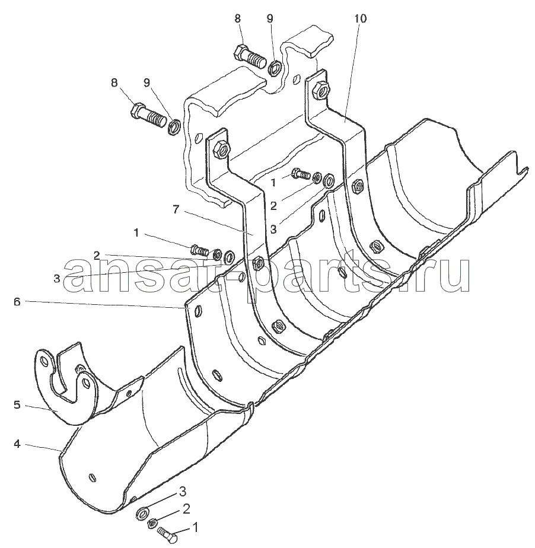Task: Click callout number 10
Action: (x=360, y=18)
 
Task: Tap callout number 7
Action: (x=176, y=209)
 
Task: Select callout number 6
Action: (x=17, y=302)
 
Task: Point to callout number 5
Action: (x=17, y=405)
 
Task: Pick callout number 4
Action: (x=17, y=444)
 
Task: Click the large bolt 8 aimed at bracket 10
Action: (x=249, y=56)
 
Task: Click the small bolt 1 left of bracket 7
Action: (x=199, y=249)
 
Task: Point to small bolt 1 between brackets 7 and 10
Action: (x=301, y=173)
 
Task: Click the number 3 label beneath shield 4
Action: (x=182, y=492)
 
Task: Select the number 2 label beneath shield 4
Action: (x=186, y=509)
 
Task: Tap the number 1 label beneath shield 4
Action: (x=195, y=527)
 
